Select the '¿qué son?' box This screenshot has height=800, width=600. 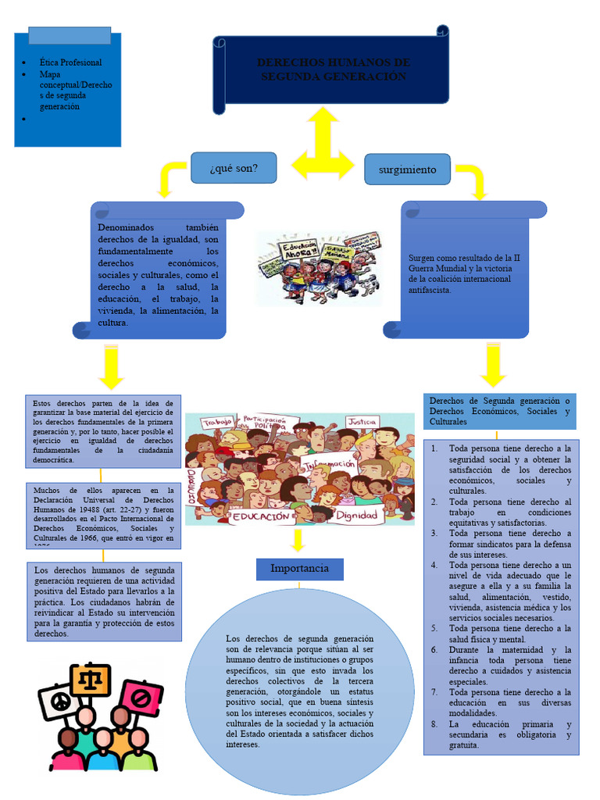point(234,167)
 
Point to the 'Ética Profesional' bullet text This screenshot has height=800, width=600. point(70,62)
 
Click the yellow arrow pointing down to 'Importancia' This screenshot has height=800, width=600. point(298,541)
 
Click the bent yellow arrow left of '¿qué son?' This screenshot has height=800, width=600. point(171,177)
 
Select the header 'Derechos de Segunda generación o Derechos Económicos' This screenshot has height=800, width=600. point(500,411)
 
